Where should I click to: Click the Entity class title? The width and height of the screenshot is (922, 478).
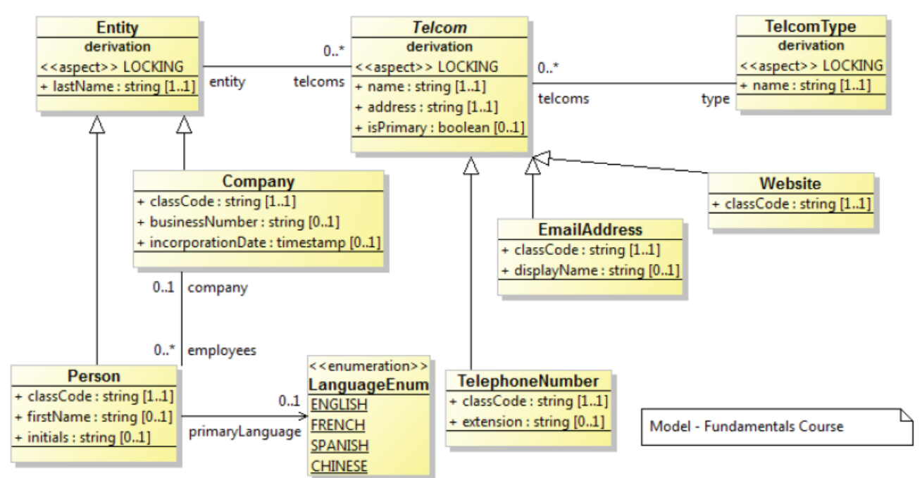click(118, 28)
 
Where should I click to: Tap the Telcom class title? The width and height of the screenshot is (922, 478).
click(440, 28)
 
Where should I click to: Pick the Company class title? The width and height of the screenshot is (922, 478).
click(258, 181)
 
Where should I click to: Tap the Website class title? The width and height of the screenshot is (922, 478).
click(790, 184)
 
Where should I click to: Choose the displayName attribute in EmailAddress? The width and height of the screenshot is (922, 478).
click(590, 270)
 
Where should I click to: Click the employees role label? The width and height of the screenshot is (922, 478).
click(222, 349)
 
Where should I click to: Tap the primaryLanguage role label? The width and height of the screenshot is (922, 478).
click(245, 432)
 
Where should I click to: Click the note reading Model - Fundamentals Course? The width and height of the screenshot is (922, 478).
click(747, 426)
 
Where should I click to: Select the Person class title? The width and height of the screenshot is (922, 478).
click(94, 376)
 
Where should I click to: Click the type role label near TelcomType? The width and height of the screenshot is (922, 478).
click(716, 99)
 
